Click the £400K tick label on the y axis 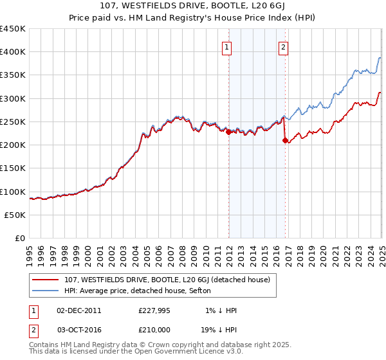(x=13, y=52)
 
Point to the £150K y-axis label (x=13, y=168)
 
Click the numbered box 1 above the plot (x=228, y=46)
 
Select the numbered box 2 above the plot (x=283, y=46)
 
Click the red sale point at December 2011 (x=228, y=132)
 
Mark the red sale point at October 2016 (x=285, y=141)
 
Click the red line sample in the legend (x=46, y=280)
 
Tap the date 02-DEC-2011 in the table (x=78, y=310)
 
